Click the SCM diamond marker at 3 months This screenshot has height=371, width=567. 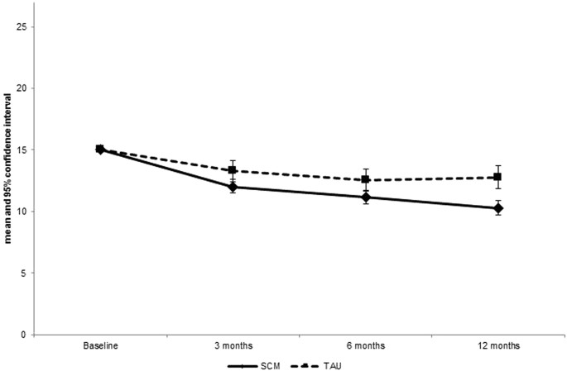click(233, 187)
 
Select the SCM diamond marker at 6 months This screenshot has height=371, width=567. click(366, 197)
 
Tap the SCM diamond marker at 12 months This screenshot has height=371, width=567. click(498, 208)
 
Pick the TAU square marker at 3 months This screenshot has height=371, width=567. click(233, 170)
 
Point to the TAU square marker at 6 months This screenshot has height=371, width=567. click(366, 179)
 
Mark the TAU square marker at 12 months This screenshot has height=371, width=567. click(498, 177)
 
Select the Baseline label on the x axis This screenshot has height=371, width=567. click(100, 344)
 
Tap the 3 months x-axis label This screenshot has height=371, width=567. click(233, 344)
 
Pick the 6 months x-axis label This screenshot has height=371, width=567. click(366, 344)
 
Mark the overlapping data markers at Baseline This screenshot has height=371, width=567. click(100, 150)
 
